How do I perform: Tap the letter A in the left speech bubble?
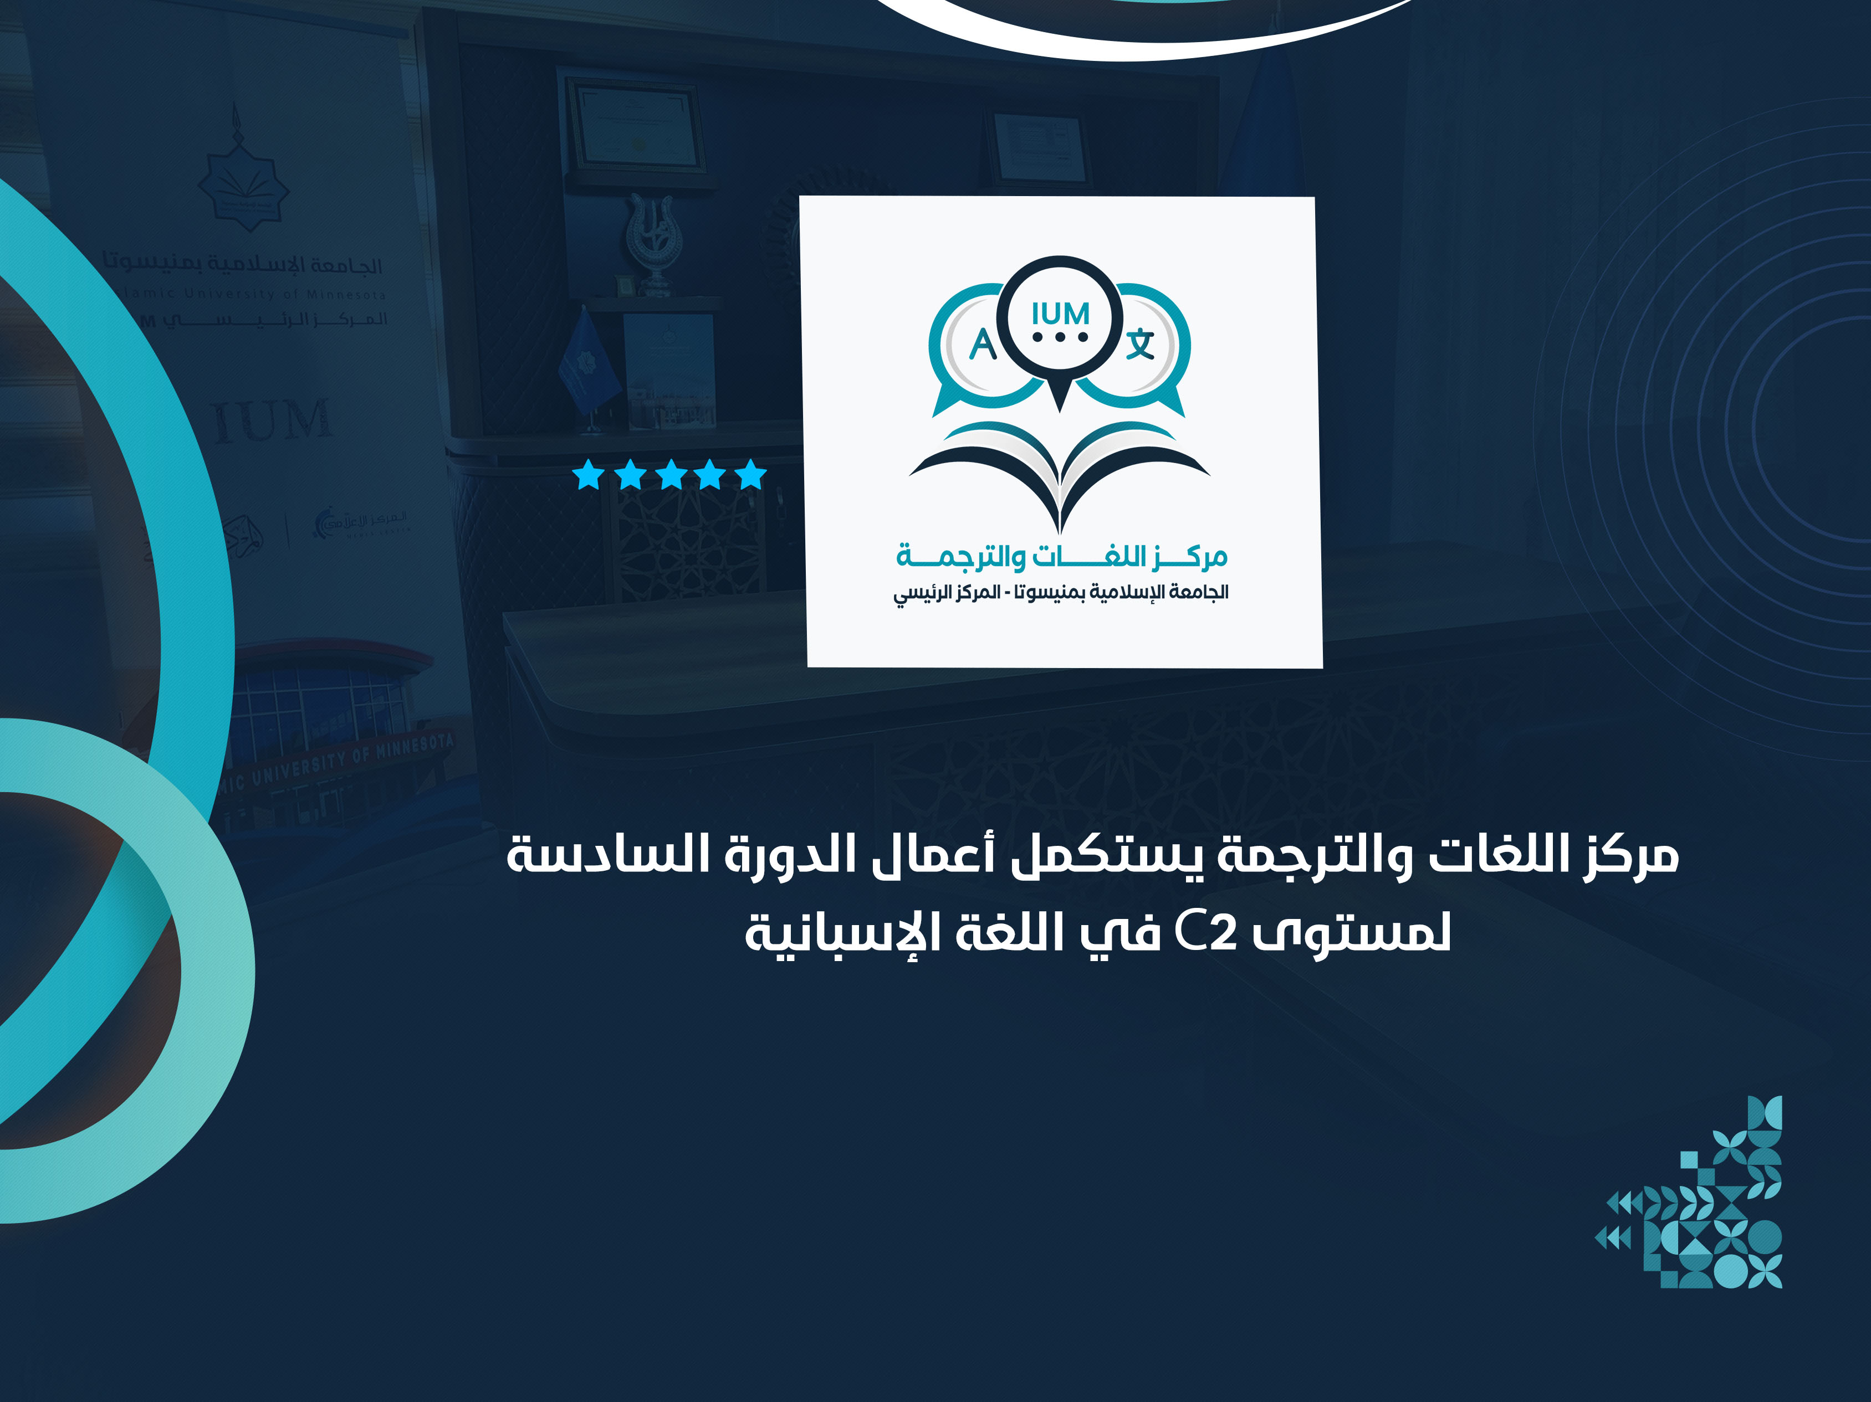pos(982,345)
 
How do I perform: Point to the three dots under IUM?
pos(1060,337)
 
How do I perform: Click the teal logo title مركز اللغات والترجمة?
pos(1061,556)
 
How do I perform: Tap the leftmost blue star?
pos(588,475)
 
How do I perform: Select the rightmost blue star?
pos(751,475)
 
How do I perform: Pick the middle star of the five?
pos(671,475)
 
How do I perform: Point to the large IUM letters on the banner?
pos(270,420)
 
